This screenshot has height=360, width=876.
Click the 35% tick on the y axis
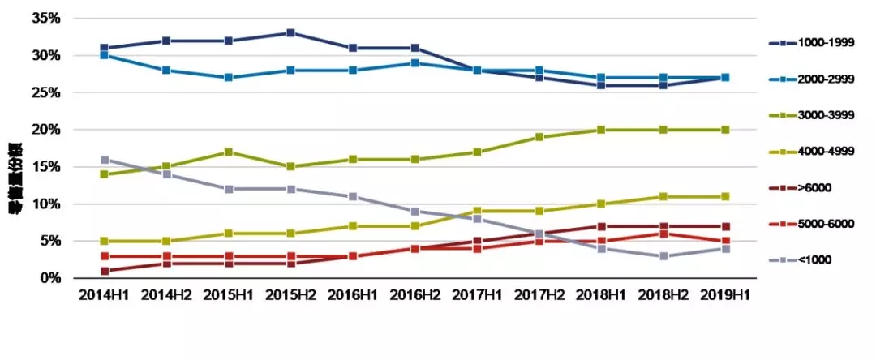[x=45, y=19]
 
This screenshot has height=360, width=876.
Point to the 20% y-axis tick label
[x=45, y=130]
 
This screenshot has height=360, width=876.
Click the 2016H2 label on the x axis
[x=415, y=295]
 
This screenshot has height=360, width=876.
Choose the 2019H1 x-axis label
[x=725, y=295]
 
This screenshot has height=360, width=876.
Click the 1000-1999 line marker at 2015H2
[x=291, y=33]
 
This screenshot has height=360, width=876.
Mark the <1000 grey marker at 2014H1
[x=105, y=160]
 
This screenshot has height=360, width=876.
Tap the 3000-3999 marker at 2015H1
[x=229, y=152]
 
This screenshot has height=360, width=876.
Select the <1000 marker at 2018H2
[x=663, y=256]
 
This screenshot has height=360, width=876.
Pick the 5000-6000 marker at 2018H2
[x=663, y=234]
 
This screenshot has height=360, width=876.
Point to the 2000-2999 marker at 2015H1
[x=229, y=78]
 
